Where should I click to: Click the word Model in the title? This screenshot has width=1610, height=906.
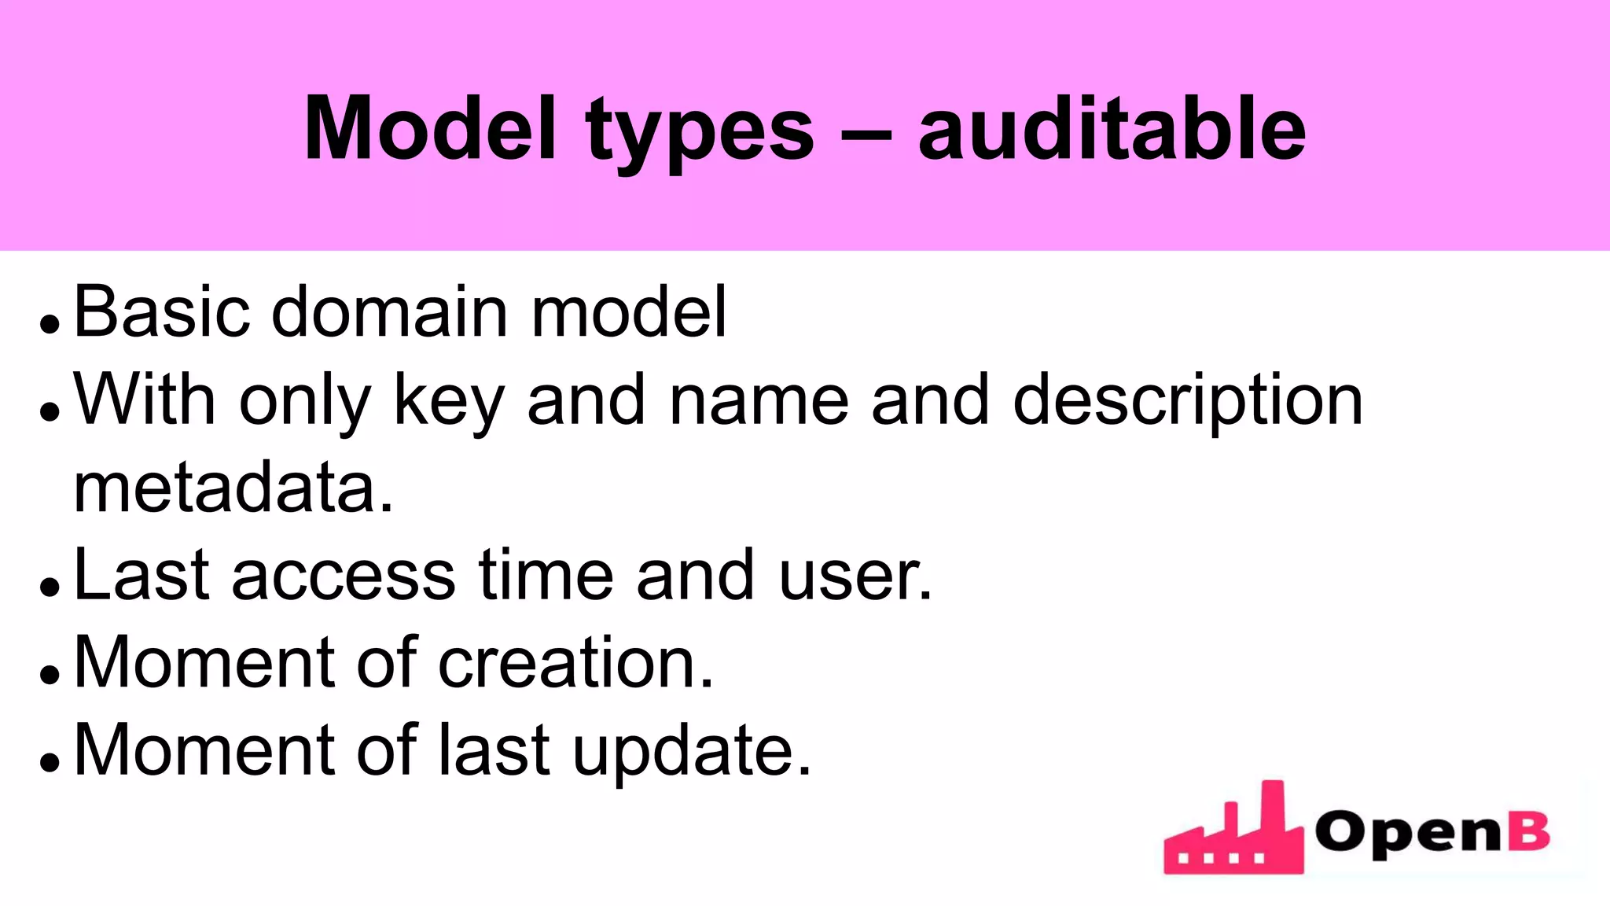430,129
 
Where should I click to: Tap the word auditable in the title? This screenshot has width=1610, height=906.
1112,129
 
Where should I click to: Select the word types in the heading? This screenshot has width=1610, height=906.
700,134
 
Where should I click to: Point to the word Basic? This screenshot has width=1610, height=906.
161,312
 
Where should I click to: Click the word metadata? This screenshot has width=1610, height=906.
233,488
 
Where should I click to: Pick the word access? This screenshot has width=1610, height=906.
344,576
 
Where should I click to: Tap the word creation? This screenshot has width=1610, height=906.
575,663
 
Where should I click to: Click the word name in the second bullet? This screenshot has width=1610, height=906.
759,401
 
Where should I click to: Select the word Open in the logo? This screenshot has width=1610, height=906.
1407,834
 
